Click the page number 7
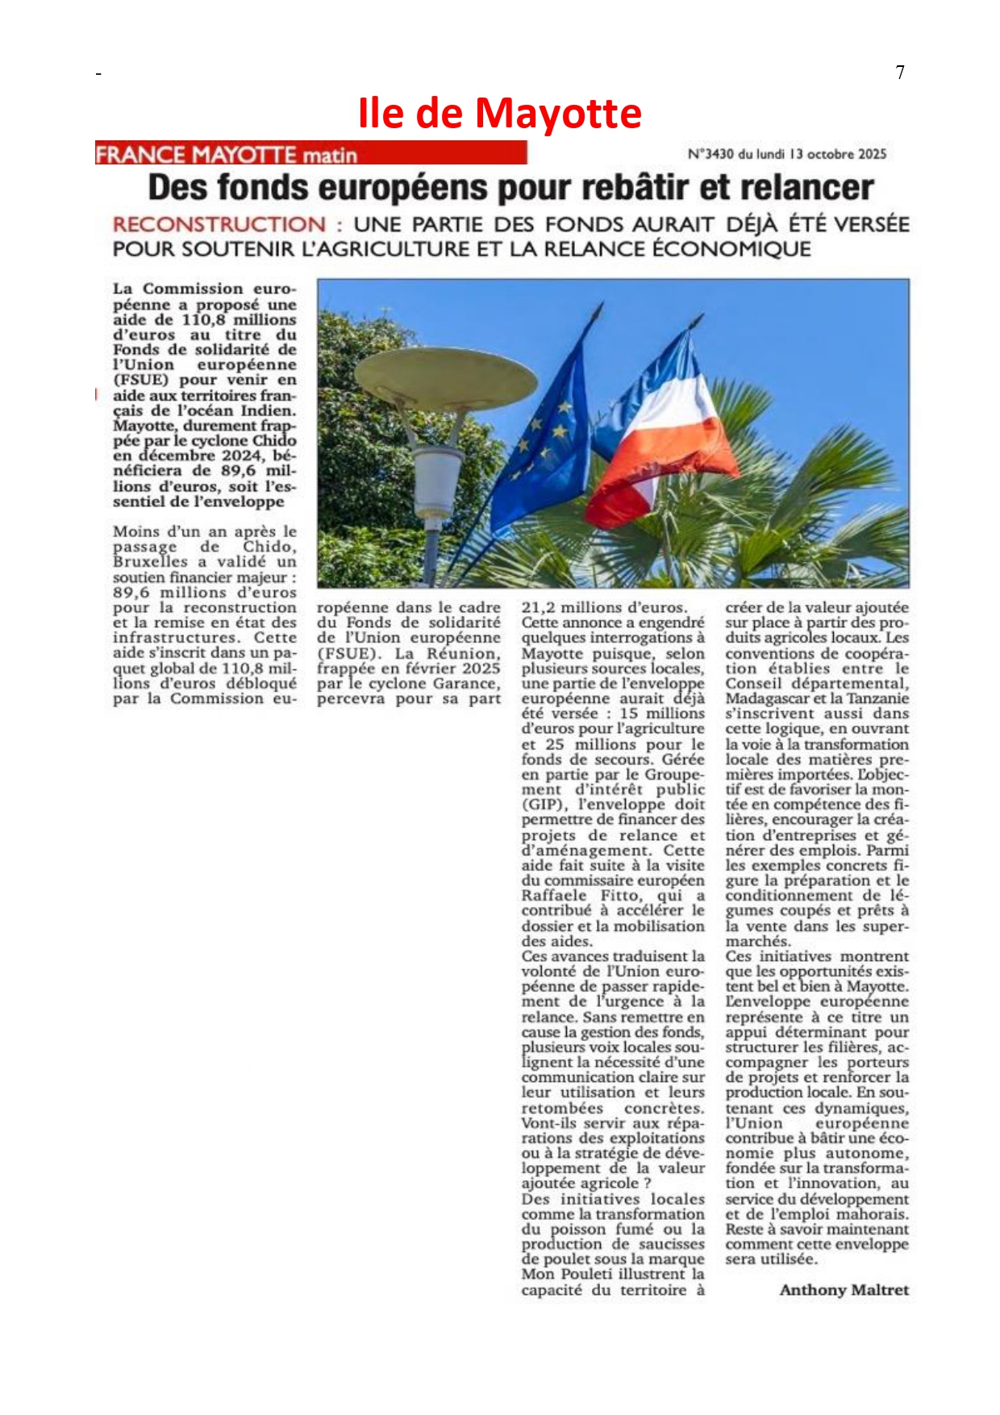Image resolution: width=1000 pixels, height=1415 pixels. click(x=900, y=73)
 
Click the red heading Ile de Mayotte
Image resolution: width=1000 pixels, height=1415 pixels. click(x=499, y=113)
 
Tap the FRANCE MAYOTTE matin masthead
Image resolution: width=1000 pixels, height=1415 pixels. click(x=227, y=154)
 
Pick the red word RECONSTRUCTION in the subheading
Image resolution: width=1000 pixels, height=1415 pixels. click(x=219, y=225)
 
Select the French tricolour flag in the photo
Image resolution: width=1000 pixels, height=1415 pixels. click(x=661, y=435)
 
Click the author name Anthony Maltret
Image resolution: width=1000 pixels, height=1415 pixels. click(x=844, y=1290)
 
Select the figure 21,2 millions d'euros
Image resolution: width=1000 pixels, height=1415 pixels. click(x=604, y=608)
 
